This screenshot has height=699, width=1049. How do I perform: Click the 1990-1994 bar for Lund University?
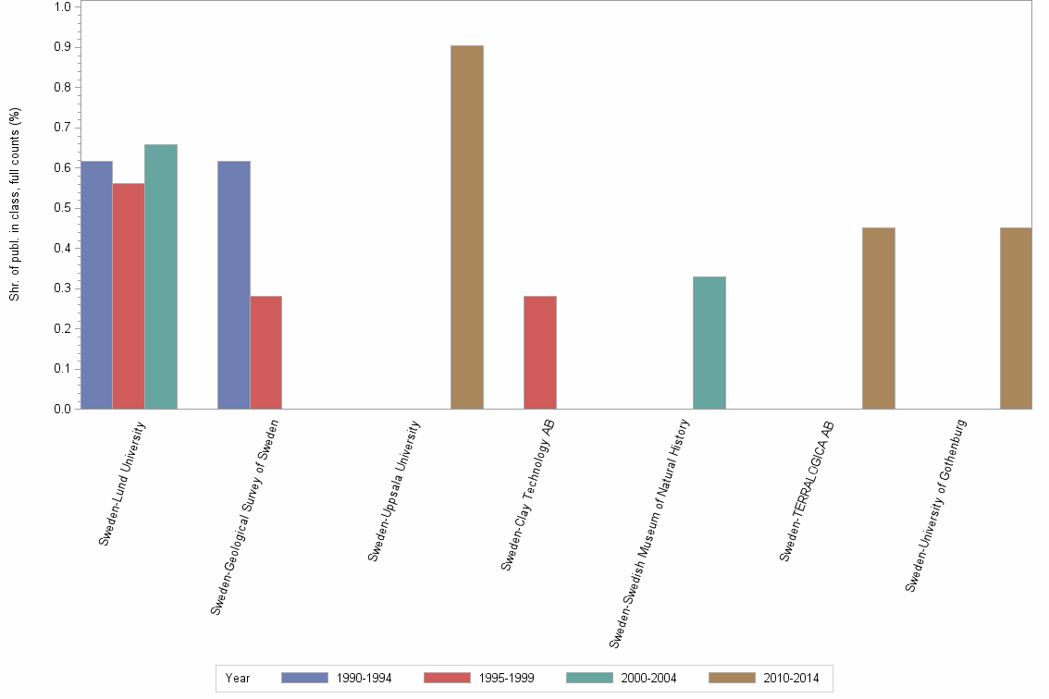point(96,285)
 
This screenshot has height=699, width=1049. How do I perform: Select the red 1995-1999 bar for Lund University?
point(129,296)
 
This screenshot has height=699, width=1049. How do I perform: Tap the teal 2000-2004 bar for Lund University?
point(161,276)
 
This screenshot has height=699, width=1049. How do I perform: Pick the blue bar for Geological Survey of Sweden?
point(233,285)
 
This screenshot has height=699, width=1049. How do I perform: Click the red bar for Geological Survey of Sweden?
point(265,352)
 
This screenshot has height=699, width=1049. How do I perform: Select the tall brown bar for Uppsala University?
point(466,227)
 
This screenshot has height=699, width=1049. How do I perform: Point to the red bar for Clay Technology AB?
point(540,352)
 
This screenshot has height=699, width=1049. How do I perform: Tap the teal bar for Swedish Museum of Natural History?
point(710,342)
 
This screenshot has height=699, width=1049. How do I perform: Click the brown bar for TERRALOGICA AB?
point(878,318)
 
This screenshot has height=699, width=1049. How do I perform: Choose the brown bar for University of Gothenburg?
point(1016,318)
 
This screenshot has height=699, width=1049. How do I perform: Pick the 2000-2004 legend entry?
point(622,678)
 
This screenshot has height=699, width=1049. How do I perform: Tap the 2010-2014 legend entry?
point(764,678)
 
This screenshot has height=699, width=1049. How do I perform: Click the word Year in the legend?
point(238,678)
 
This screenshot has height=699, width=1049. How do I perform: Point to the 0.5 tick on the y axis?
point(63,208)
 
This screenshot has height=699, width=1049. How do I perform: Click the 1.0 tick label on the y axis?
point(63,7)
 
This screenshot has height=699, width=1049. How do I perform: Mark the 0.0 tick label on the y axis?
point(63,409)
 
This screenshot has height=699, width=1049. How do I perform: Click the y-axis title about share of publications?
point(15,204)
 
